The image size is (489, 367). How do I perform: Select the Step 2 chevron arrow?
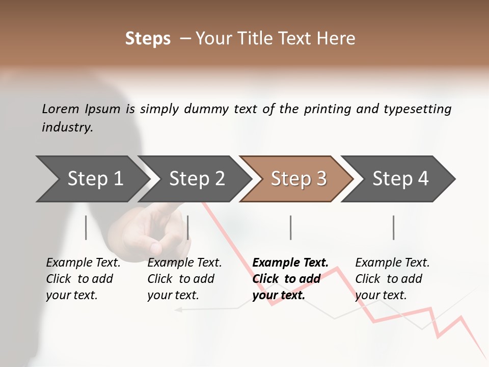pyautogui.click(x=196, y=179)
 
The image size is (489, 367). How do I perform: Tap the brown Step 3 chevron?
pyautogui.click(x=298, y=179)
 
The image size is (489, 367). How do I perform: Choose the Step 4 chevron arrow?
pyautogui.click(x=400, y=179)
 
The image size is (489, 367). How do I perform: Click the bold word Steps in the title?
pyautogui.click(x=148, y=39)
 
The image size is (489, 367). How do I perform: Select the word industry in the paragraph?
pyautogui.click(x=67, y=127)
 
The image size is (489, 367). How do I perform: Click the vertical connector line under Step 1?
pyautogui.click(x=86, y=227)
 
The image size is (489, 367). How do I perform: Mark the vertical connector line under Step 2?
pyautogui.click(x=188, y=227)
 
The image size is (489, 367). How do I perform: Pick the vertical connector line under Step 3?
pyautogui.click(x=291, y=227)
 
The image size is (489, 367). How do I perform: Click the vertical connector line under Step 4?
pyautogui.click(x=394, y=227)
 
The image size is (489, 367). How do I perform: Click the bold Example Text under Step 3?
pyautogui.click(x=290, y=263)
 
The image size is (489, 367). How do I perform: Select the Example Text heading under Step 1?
pyautogui.click(x=83, y=263)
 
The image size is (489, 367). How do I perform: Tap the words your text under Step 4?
pyautogui.click(x=381, y=295)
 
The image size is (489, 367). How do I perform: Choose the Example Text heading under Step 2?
pyautogui.click(x=184, y=263)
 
